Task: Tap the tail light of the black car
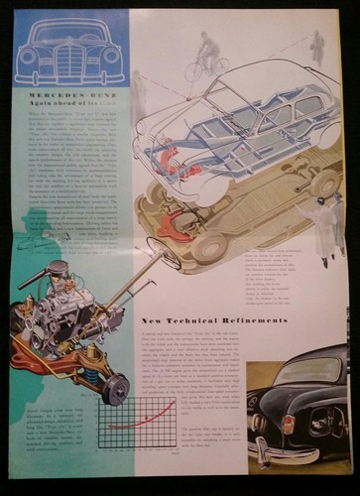tap(290, 425)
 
